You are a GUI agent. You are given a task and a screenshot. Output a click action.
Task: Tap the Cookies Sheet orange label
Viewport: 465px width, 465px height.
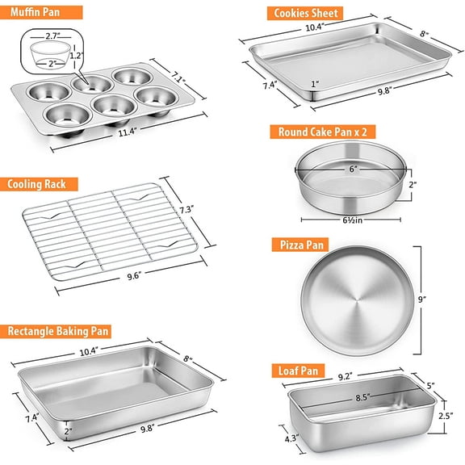[304, 13]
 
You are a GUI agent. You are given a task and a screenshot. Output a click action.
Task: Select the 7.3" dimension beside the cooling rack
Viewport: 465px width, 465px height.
[209, 210]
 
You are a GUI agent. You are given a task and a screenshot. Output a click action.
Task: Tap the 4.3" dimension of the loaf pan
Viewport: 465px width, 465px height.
[289, 438]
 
